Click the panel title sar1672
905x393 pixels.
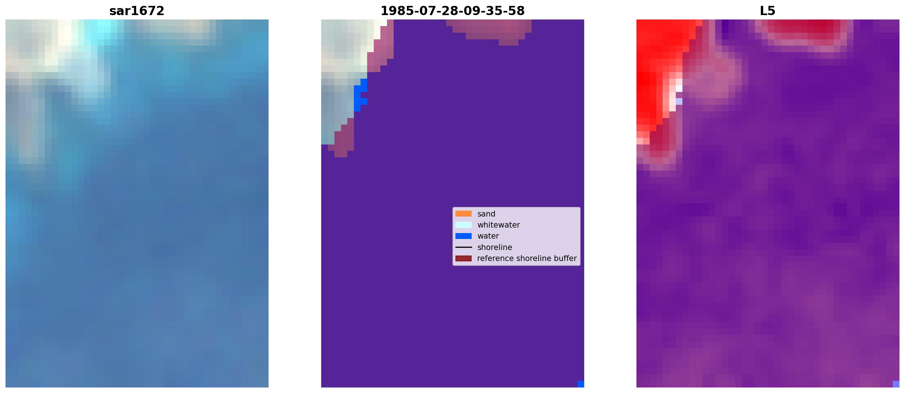[137, 11]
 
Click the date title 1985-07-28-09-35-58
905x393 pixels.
[452, 11]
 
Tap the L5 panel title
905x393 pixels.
[768, 11]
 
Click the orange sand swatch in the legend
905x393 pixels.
[464, 214]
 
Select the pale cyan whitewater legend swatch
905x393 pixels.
[464, 225]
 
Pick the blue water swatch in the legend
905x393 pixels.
[464, 236]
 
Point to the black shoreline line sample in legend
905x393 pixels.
[464, 247]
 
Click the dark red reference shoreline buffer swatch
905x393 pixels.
[464, 258]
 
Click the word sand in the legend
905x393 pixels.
[486, 214]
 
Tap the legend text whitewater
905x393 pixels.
[498, 225]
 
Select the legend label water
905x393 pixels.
[488, 236]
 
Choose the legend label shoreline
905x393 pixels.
[495, 247]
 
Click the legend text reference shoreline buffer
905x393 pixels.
[527, 258]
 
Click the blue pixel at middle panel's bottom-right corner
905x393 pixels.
[581, 384]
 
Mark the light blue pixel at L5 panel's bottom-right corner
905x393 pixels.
[896, 384]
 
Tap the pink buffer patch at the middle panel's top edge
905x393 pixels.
[489, 29]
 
